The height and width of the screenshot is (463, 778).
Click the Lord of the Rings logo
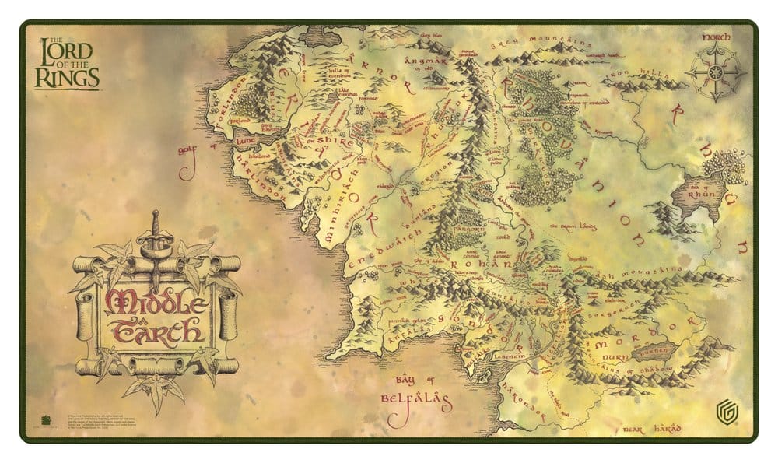pyautogui.click(x=66, y=62)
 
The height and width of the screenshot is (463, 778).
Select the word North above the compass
pyautogui.click(x=716, y=37)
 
